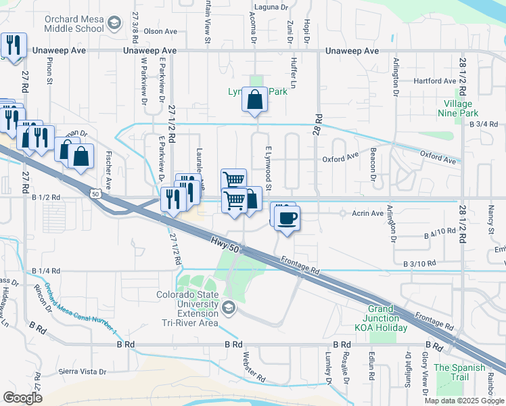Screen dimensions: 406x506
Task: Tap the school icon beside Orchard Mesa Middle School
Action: coord(114,24)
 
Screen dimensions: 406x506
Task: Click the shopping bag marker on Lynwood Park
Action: coord(255,100)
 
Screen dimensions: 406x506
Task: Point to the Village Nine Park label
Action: coord(461,108)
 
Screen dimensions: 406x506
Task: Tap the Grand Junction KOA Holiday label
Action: coord(383,323)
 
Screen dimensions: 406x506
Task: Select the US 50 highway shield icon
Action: coord(93,194)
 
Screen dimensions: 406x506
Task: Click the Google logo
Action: coord(22,398)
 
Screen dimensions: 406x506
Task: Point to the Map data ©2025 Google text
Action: coord(464,401)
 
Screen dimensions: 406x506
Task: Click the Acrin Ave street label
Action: coord(367,213)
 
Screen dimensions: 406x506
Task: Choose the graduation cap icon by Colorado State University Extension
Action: coord(229,309)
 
